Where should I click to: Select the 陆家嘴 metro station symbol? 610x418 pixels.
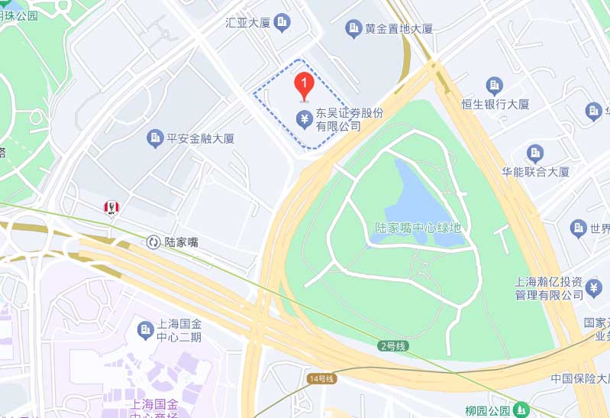click(x=153, y=242)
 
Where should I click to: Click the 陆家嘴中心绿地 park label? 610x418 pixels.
click(x=418, y=228)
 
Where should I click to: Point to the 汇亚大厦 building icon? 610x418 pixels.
click(x=282, y=23)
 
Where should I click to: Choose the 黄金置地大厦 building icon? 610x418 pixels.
click(x=353, y=29)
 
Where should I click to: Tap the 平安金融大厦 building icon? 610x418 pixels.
click(x=155, y=138)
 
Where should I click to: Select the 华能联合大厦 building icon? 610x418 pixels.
click(x=535, y=153)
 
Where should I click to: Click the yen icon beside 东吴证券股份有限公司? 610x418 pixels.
click(x=304, y=118)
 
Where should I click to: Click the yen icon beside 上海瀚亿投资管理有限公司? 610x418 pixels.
click(x=595, y=288)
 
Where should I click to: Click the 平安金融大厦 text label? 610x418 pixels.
click(x=201, y=138)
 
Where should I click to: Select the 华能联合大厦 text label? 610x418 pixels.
click(x=535, y=172)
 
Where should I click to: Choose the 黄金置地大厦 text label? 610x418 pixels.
click(x=399, y=29)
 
